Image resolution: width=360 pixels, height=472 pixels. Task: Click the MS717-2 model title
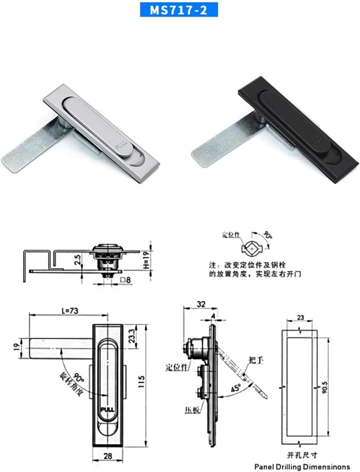point(179,10)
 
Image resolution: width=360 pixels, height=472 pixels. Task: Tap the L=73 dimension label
point(70,311)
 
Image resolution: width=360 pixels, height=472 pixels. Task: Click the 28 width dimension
point(108,456)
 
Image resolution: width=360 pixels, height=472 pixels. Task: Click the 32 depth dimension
point(201,304)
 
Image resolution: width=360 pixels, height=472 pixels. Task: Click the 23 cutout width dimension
point(300,317)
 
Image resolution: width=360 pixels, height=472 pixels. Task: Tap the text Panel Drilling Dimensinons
point(302,467)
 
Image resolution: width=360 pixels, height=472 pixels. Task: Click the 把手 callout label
point(256,360)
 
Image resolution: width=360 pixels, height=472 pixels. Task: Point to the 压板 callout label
point(192,410)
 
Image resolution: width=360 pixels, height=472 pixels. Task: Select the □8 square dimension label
point(125,280)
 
